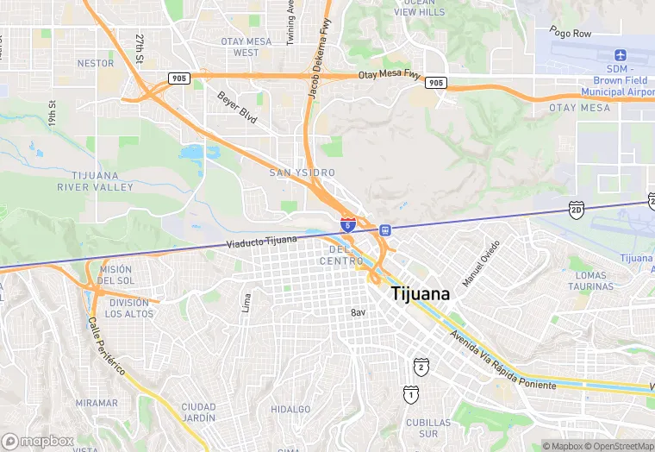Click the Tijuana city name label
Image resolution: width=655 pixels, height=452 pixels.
(x=421, y=293)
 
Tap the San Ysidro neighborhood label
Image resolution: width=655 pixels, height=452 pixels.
(x=303, y=173)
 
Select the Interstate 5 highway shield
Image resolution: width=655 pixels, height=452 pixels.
(x=346, y=224)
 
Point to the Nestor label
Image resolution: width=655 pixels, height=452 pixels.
(x=95, y=63)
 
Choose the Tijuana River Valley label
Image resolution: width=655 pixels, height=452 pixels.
(x=95, y=181)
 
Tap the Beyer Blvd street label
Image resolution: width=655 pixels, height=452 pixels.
(x=236, y=107)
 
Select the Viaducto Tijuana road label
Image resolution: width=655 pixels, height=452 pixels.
(x=262, y=241)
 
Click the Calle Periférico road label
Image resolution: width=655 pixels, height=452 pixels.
(x=106, y=345)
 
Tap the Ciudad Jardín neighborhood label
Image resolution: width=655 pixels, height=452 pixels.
(x=198, y=411)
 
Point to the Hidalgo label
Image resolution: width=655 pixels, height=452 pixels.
(x=290, y=409)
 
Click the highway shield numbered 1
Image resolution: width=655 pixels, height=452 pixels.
(x=411, y=394)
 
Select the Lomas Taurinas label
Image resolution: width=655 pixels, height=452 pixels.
(x=592, y=280)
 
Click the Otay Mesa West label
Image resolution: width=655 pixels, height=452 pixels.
(x=246, y=47)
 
